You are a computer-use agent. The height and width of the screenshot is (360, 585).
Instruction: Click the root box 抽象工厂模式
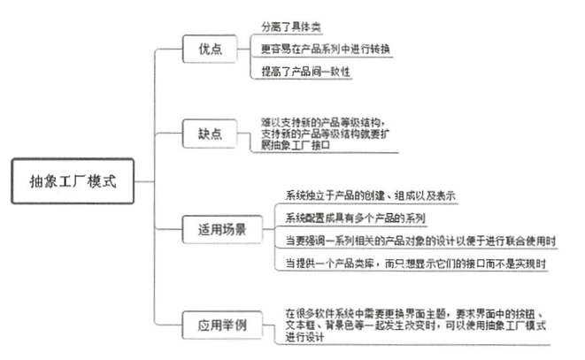(73, 181)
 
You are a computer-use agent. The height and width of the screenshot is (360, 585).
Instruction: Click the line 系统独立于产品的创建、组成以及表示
(370, 195)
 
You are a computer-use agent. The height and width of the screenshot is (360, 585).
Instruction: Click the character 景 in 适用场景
(240, 229)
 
